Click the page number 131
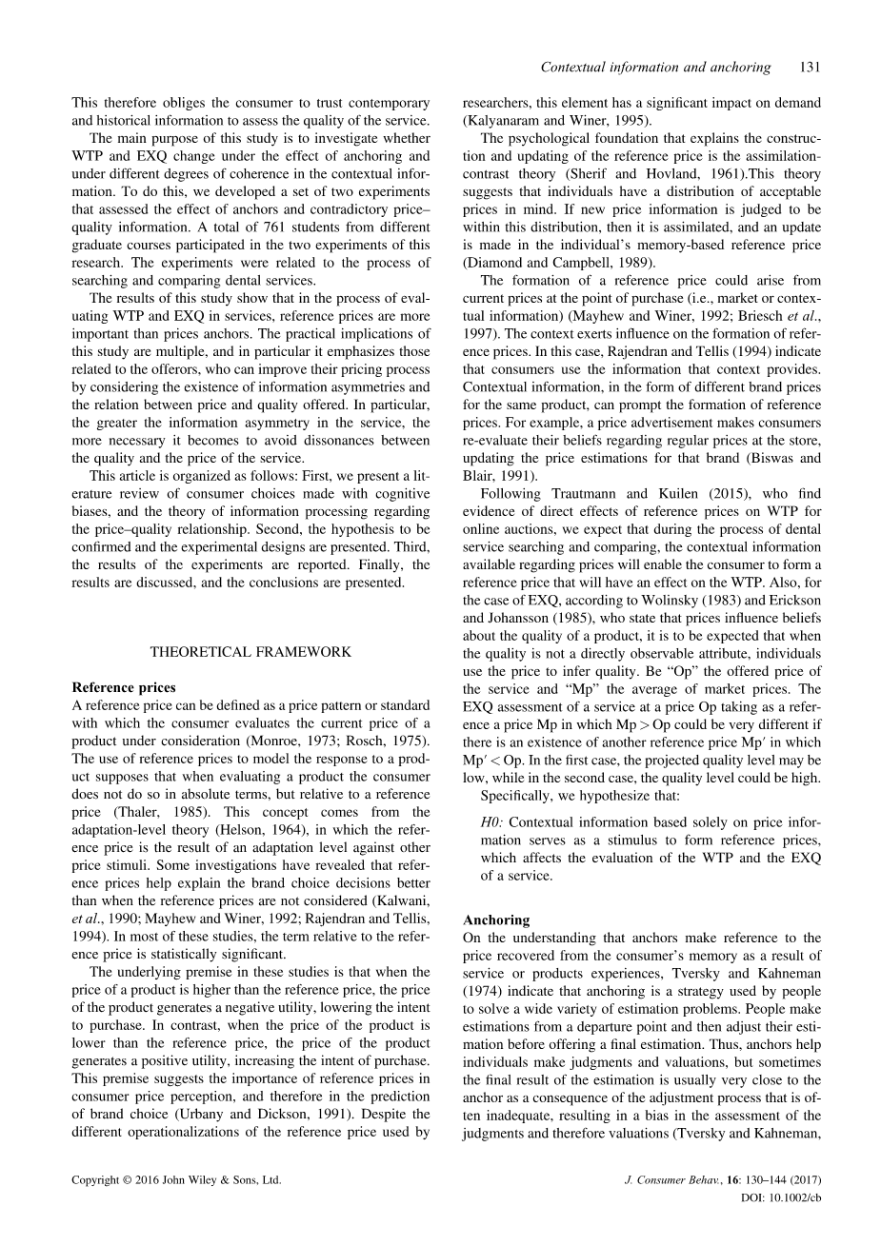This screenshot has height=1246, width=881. (x=811, y=68)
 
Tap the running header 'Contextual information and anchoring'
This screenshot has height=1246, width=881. (x=655, y=68)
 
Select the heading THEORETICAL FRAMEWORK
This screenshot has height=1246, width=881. (x=250, y=652)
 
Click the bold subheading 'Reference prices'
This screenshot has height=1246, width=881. (x=124, y=687)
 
